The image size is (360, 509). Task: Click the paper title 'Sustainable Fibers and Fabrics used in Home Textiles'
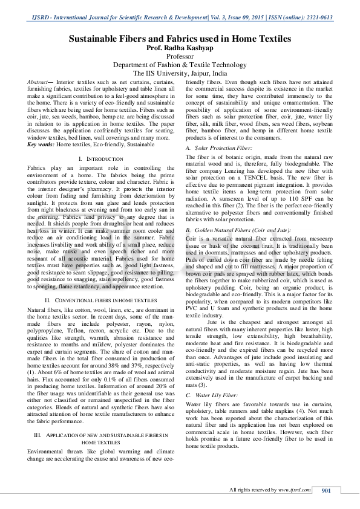click(180, 39)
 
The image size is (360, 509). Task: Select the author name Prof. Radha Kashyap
click(180, 48)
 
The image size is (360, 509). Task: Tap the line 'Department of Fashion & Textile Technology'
click(180, 65)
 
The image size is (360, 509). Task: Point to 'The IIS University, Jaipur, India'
click(180, 73)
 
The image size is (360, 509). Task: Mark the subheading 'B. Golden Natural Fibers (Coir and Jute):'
click(238, 230)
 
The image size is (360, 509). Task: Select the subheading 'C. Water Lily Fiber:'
click(212, 377)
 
